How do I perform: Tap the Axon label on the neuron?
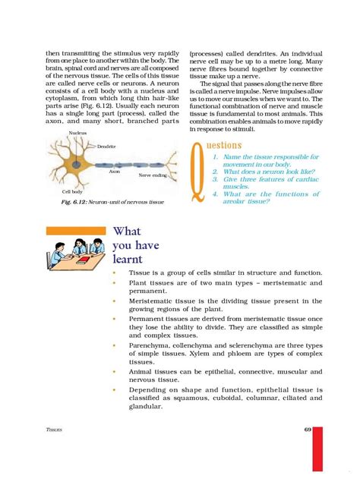(115, 172)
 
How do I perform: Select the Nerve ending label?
(154, 175)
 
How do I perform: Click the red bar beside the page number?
(319, 448)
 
